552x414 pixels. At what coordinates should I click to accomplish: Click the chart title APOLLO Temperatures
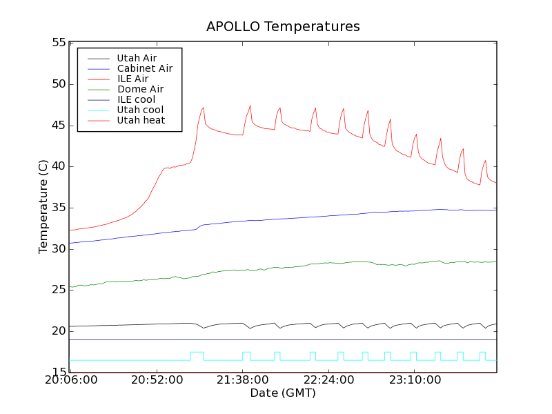(283, 27)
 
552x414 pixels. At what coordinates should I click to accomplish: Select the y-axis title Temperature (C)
(43, 207)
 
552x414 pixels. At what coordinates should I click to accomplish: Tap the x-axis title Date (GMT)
(283, 393)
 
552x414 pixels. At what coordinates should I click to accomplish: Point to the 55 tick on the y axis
(59, 43)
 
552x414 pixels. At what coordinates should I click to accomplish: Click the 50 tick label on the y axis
(59, 84)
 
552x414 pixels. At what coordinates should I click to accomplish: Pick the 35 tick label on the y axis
(59, 208)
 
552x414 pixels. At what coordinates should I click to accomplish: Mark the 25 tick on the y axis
(59, 290)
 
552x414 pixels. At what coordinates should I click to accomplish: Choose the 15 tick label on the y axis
(59, 373)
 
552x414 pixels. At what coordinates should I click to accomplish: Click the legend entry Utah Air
(137, 58)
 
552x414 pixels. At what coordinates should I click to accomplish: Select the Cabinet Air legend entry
(144, 68)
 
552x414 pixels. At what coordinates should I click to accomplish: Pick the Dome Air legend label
(140, 89)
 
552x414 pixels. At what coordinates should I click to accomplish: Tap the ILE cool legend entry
(136, 99)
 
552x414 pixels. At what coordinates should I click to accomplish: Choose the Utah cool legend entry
(140, 110)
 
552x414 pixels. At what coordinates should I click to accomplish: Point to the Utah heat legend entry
(140, 120)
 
